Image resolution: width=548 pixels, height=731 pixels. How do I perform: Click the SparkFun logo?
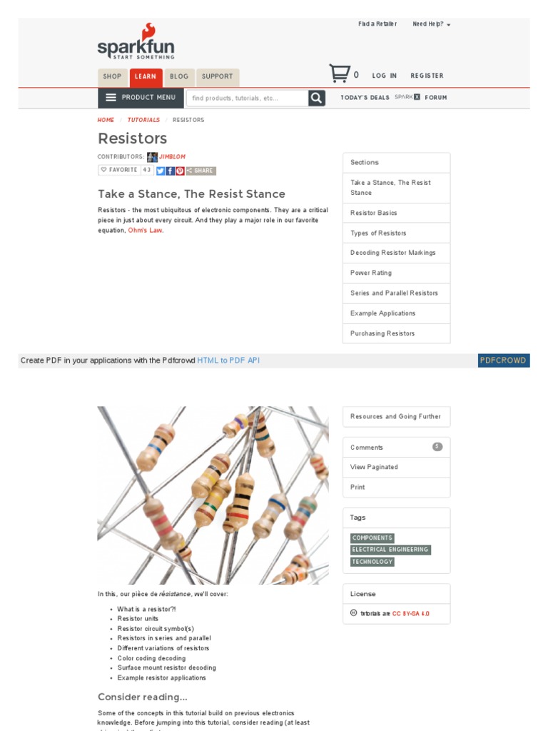pyautogui.click(x=136, y=43)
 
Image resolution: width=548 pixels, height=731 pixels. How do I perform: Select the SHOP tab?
pyautogui.click(x=112, y=77)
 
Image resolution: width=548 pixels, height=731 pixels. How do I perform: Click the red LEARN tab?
pyautogui.click(x=146, y=77)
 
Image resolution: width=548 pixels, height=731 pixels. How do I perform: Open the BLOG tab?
pyautogui.click(x=179, y=77)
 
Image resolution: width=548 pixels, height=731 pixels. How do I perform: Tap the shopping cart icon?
pyautogui.click(x=339, y=74)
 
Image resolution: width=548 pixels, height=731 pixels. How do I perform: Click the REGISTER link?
pyautogui.click(x=427, y=76)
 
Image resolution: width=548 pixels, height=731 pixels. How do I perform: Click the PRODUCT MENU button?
pyautogui.click(x=141, y=98)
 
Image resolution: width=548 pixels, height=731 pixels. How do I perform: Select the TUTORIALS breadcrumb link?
pyautogui.click(x=143, y=120)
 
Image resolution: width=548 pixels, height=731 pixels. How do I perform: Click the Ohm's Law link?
pyautogui.click(x=146, y=231)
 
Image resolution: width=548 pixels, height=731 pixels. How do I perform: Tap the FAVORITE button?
pyautogui.click(x=119, y=171)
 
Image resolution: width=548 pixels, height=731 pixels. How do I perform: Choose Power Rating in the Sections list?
pyautogui.click(x=371, y=273)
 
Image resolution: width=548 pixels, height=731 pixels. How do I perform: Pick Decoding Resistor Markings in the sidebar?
pyautogui.click(x=392, y=253)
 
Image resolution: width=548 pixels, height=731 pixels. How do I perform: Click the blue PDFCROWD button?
pyautogui.click(x=503, y=361)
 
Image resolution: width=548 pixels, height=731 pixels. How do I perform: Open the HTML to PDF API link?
pyautogui.click(x=228, y=361)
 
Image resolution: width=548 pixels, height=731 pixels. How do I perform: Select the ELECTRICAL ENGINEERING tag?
pyautogui.click(x=390, y=550)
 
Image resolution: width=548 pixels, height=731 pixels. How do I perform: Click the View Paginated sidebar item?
pyautogui.click(x=374, y=467)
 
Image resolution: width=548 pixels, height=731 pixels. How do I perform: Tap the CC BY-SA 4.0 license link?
pyautogui.click(x=410, y=613)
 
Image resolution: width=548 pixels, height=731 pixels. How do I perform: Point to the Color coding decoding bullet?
pyautogui.click(x=151, y=658)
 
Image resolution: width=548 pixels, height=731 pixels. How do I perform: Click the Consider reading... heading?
pyautogui.click(x=143, y=697)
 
